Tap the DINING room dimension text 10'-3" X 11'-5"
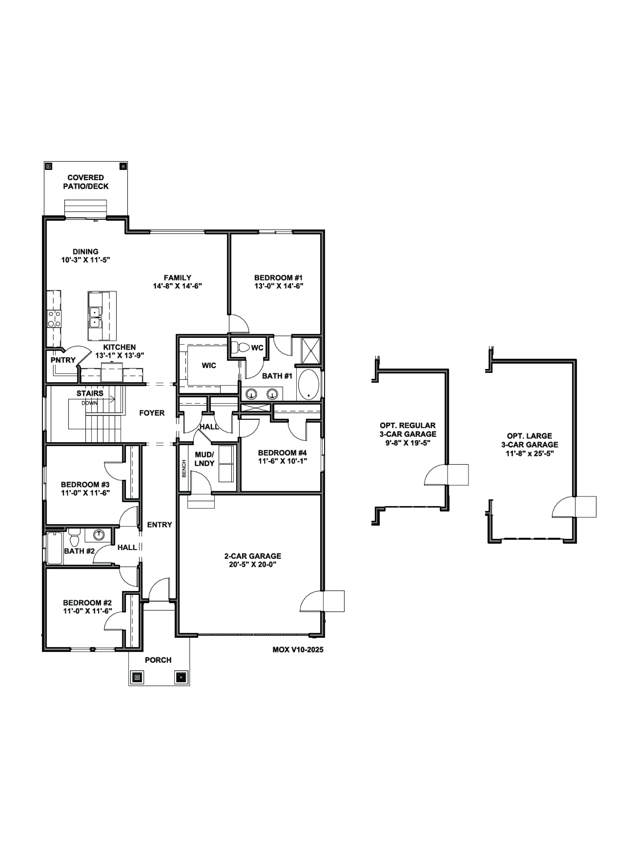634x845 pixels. point(86,260)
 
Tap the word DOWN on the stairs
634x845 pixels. point(89,403)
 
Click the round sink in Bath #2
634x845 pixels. point(99,534)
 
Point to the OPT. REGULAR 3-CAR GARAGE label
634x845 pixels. point(408,430)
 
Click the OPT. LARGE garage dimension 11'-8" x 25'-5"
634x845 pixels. point(530,453)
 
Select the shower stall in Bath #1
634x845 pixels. point(312,351)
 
